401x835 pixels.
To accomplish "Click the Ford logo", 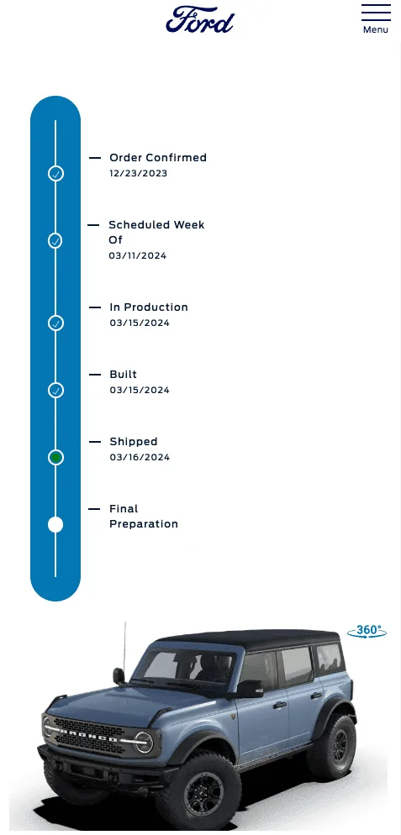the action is coord(200,19).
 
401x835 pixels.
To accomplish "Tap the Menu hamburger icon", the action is coord(376,13).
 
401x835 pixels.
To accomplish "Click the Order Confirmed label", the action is coord(158,158).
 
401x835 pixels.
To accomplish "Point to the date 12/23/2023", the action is coord(139,173).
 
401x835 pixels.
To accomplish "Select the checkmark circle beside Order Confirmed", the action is coord(55,174).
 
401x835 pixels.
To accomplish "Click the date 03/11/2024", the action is coord(138,255).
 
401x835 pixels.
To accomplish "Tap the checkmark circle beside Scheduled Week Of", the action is coord(55,241).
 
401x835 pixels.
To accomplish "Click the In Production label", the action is coord(149,307).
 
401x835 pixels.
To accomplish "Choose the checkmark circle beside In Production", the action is coord(55,323).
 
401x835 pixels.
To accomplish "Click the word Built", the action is coord(124,375).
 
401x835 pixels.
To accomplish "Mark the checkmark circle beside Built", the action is coord(55,391).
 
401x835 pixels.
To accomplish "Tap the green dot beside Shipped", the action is coord(55,458).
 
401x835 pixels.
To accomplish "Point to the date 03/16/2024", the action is coord(140,458).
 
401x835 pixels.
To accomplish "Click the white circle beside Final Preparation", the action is coord(55,524).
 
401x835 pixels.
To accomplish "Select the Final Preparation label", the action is coord(144,516).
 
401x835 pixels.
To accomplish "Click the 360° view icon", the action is coord(367,632).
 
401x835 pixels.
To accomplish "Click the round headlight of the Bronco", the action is coord(144,743).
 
